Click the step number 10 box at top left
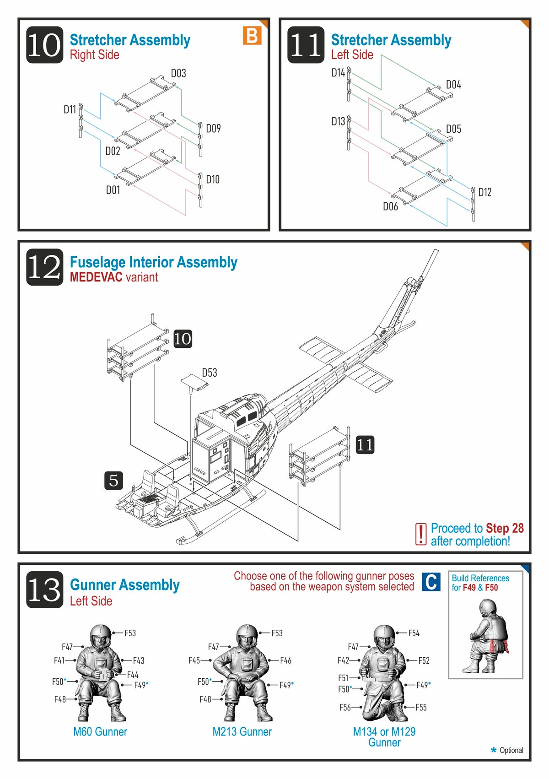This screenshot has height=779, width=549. point(44,45)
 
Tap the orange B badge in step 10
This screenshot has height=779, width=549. point(252,36)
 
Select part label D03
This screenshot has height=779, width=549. point(178,73)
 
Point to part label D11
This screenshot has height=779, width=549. point(70,109)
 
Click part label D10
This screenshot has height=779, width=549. point(213,179)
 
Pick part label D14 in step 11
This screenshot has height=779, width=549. point(338,73)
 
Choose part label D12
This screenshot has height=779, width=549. point(485,192)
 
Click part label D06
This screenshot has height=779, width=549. point(390,207)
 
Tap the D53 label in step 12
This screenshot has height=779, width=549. point(210,373)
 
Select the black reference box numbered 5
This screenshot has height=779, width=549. point(113,480)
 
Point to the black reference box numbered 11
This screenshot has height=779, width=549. point(365,444)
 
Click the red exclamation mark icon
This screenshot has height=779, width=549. point(420,534)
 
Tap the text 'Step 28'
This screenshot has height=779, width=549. point(505,528)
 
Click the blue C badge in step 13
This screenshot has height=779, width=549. point(431,582)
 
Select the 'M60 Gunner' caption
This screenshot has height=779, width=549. point(100,732)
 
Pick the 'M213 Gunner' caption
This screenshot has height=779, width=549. point(242,732)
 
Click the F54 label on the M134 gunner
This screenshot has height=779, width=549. point(414,633)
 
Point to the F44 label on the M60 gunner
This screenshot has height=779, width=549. point(133,675)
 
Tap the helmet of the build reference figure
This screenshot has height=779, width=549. point(488,608)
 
